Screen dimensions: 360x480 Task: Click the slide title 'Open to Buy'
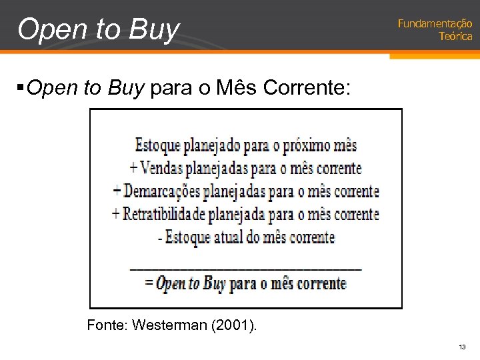tap(99, 29)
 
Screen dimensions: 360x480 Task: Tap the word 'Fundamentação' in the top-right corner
tap(435, 24)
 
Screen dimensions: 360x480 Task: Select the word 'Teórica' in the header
tap(455, 37)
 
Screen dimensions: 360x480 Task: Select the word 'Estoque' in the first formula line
tap(157, 145)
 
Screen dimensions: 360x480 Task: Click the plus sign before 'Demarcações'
tap(116, 191)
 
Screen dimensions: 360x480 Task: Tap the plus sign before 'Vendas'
tap(134, 168)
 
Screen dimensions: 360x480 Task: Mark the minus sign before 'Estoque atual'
tap(161, 237)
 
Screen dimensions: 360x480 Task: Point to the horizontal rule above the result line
tap(246, 269)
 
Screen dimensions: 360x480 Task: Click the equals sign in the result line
tap(149, 283)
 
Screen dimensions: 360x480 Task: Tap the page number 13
tap(461, 347)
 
